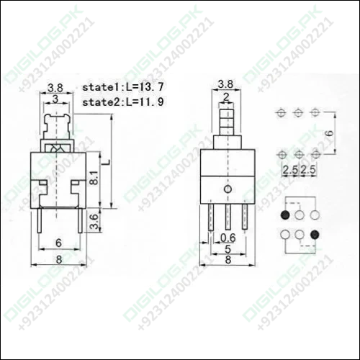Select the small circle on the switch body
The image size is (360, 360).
pyautogui.click(x=228, y=189)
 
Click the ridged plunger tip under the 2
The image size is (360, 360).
pyautogui.click(x=227, y=119)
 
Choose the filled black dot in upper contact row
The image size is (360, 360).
pyautogui.click(x=286, y=215)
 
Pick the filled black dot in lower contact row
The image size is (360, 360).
pyautogui.click(x=315, y=233)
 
